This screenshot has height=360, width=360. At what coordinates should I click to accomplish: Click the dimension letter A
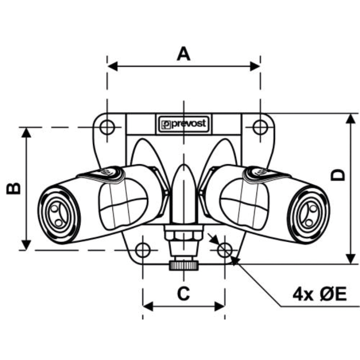pos(184,54)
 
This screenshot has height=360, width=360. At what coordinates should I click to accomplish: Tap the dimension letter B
pos(13,189)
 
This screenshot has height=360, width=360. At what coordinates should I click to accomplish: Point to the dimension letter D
pos(338,175)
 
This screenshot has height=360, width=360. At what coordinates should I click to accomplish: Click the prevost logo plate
pos(184,124)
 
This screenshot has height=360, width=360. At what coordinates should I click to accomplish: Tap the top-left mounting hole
pos(107,127)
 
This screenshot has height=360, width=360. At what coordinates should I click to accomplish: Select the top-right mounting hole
pos(260,127)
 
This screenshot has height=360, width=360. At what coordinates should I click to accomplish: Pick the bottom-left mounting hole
pos(143,250)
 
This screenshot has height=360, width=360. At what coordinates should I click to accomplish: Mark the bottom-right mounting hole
pos(225,250)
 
